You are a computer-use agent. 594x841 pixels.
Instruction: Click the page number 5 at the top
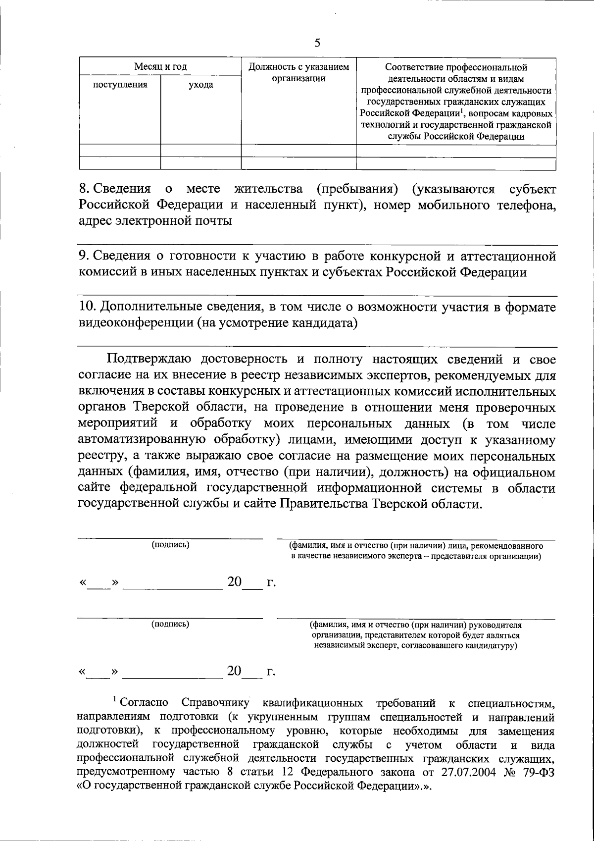[x=317, y=43]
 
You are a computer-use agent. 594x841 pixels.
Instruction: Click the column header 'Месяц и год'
[x=160, y=67]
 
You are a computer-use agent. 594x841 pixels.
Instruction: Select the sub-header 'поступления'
[x=120, y=85]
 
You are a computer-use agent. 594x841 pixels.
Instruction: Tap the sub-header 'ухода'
[x=200, y=85]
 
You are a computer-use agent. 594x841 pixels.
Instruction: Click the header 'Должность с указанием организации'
[x=298, y=72]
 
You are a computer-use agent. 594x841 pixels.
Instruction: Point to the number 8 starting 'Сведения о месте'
[x=83, y=189]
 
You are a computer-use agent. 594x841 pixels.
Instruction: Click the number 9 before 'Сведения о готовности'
[x=83, y=256]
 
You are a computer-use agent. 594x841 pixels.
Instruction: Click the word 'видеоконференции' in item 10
[x=134, y=323]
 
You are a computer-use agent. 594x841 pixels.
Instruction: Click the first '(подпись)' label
[x=170, y=545]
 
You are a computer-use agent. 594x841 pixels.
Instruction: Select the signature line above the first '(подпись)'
[x=170, y=538]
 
